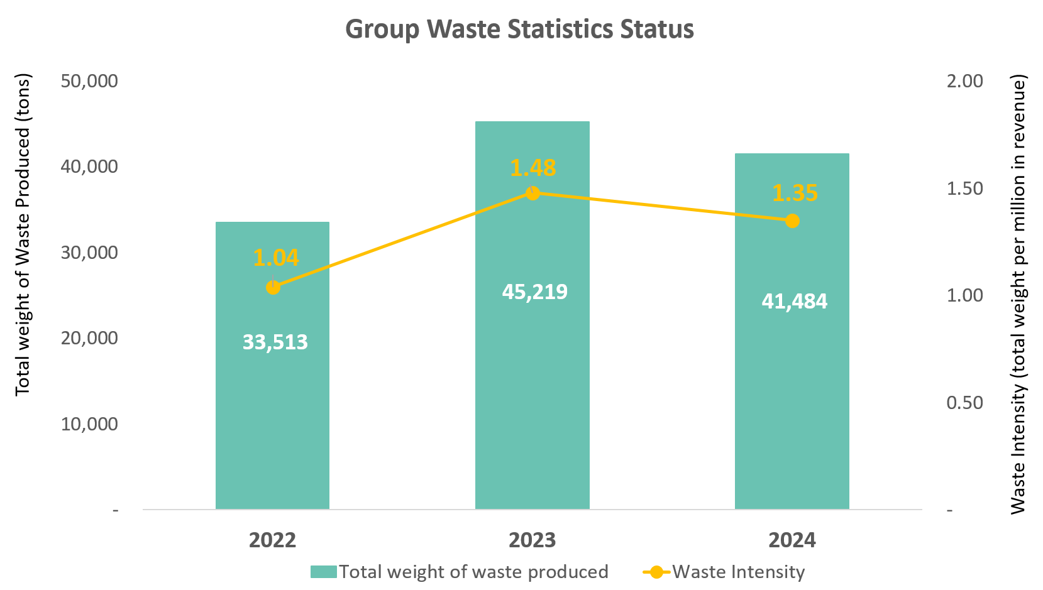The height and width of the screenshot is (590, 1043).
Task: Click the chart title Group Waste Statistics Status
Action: (519, 30)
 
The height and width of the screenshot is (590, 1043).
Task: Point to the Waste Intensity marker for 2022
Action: (273, 288)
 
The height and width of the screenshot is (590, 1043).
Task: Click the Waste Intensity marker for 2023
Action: (533, 193)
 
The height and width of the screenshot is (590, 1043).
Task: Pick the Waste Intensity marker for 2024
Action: (792, 221)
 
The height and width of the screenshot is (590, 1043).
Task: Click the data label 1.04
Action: (276, 258)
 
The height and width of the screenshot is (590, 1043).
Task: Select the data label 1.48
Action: (533, 168)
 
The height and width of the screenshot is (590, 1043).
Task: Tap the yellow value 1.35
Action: (795, 193)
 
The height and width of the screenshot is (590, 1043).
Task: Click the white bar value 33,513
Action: (275, 342)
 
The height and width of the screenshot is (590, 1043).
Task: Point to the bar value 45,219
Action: (534, 292)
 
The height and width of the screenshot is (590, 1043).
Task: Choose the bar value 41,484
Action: (794, 302)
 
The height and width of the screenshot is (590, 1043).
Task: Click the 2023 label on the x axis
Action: (532, 540)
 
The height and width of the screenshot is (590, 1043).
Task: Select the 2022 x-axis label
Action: (272, 540)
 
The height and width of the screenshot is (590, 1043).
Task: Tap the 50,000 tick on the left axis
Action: (89, 81)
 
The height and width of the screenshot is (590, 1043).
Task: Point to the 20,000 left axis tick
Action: (89, 338)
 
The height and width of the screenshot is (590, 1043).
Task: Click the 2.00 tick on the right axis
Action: (964, 81)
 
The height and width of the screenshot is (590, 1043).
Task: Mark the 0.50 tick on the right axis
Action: (964, 403)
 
